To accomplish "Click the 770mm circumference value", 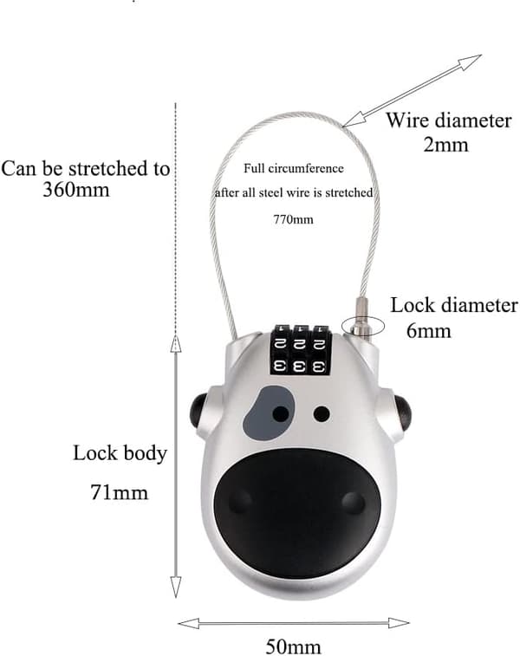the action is [x=293, y=219].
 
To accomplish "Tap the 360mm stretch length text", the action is [x=75, y=190].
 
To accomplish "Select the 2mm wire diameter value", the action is [x=445, y=145].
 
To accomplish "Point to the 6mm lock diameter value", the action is [x=429, y=330].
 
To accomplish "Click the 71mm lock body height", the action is [x=120, y=492].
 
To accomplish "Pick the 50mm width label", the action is [x=293, y=646].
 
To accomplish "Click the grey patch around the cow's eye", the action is [x=268, y=413].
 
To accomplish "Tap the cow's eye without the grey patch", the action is [x=322, y=413].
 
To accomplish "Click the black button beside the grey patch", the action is [x=198, y=411].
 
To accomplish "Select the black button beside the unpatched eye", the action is [x=402, y=413].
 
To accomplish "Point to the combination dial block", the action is [x=301, y=349].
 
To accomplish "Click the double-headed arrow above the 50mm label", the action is [x=293, y=623].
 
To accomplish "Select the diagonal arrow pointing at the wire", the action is [x=412, y=90].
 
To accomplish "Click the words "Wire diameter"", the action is [x=448, y=120].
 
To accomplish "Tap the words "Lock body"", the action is [x=120, y=453].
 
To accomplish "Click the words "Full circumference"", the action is [x=294, y=169].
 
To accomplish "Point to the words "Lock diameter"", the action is [x=454, y=305].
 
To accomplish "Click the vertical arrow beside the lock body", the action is [x=176, y=465].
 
